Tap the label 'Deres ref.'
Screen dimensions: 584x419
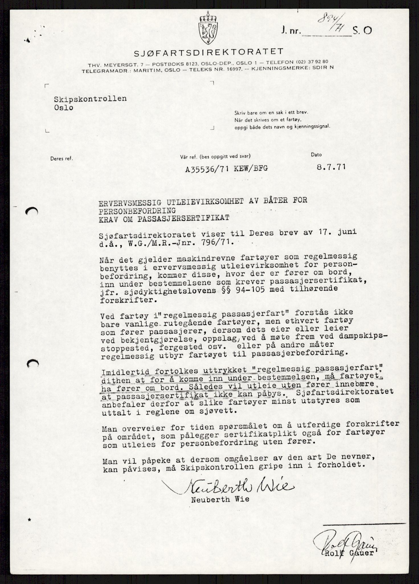click(x=62, y=159)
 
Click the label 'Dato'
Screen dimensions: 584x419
click(x=316, y=155)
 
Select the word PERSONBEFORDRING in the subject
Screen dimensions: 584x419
click(x=137, y=210)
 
